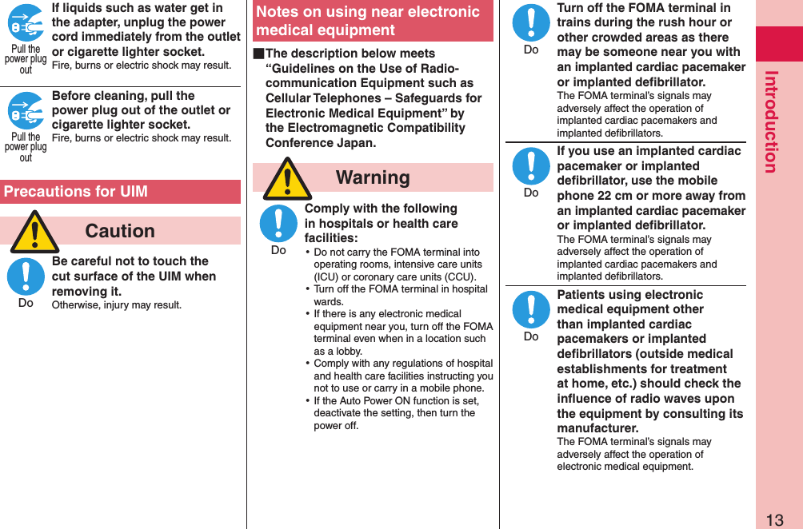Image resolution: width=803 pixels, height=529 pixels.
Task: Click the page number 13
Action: (x=774, y=519)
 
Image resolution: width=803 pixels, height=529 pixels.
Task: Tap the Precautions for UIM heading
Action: (x=75, y=192)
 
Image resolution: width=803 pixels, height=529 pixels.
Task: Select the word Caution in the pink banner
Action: (x=120, y=231)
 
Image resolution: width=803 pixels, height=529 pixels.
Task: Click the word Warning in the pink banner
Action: (x=373, y=177)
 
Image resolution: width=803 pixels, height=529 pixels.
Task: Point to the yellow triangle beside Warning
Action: (x=287, y=179)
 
